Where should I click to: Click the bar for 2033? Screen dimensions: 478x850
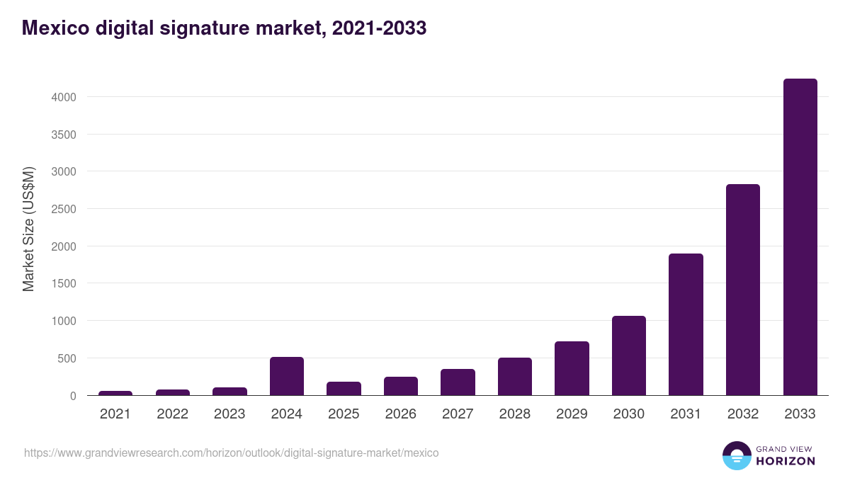click(x=800, y=237)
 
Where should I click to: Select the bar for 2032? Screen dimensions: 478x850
click(x=743, y=290)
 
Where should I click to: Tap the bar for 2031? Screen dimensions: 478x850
click(x=686, y=324)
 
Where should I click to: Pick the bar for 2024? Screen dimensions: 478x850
click(x=287, y=376)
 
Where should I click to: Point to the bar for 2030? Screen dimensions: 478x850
click(x=629, y=355)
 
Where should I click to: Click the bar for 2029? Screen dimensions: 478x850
click(x=572, y=368)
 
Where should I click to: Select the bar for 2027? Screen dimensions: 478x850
click(x=458, y=382)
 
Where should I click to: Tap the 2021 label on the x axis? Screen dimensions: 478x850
click(x=115, y=414)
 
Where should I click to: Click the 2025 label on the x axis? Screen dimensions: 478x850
click(x=344, y=414)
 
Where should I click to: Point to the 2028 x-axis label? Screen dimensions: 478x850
click(x=515, y=414)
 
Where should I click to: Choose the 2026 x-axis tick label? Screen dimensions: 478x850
click(x=401, y=414)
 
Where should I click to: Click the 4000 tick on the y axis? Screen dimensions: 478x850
click(x=62, y=97)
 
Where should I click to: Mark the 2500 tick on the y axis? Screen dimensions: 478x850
click(x=62, y=209)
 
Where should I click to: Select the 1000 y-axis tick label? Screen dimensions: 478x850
click(x=62, y=321)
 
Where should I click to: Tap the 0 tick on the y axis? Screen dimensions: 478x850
click(x=72, y=396)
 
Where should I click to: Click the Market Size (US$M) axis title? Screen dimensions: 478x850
click(x=28, y=229)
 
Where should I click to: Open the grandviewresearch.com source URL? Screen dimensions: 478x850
click(x=232, y=453)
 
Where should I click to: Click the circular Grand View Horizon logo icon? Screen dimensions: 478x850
click(x=736, y=455)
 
